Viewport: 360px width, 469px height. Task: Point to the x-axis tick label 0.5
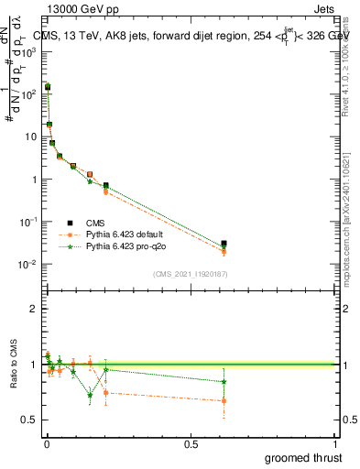click(x=191, y=443)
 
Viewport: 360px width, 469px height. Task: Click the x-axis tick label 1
click(x=335, y=443)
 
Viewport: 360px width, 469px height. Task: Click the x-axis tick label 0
click(x=46, y=443)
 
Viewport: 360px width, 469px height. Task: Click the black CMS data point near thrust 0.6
click(x=224, y=244)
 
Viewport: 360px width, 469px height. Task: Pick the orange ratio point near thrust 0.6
click(x=224, y=401)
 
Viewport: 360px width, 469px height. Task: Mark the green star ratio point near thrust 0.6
click(x=224, y=382)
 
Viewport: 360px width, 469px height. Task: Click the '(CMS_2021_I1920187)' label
click(x=190, y=274)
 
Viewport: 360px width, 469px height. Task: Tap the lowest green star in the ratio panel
click(x=90, y=396)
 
